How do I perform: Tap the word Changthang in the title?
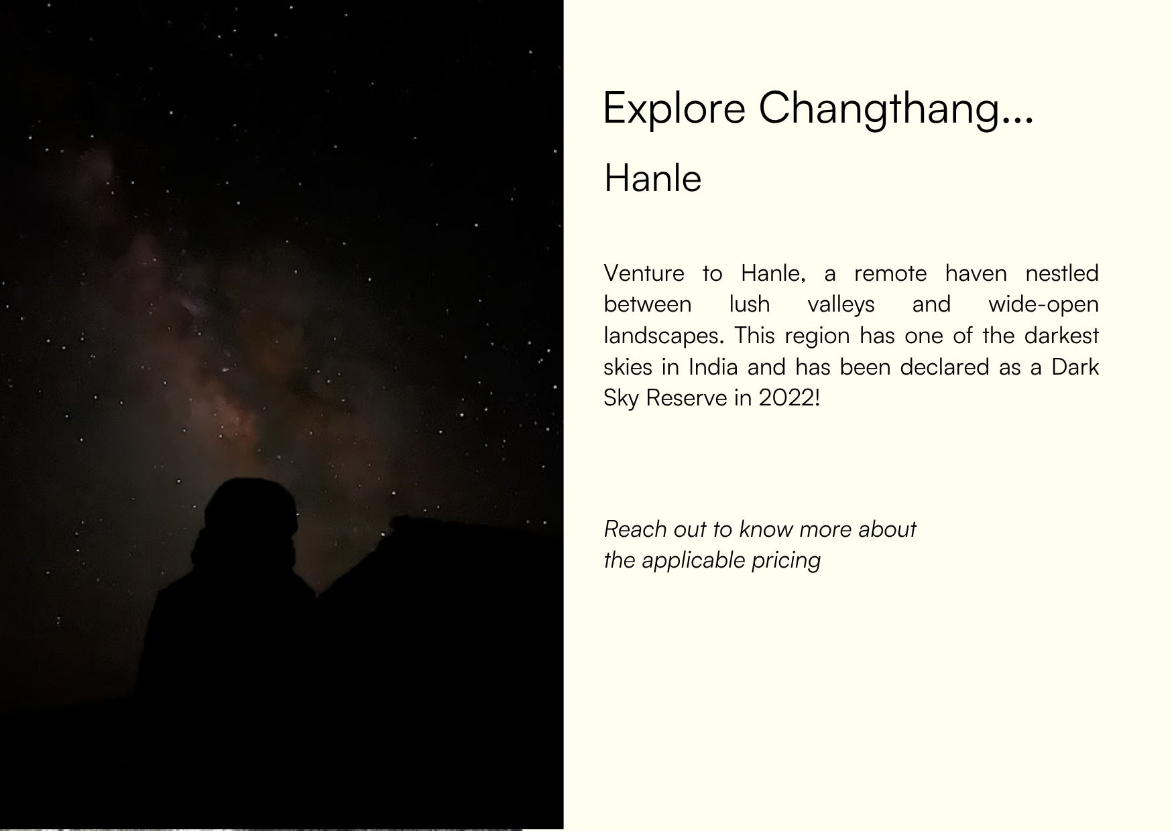pos(878,109)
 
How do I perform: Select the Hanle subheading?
pos(652,178)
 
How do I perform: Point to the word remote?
pos(890,273)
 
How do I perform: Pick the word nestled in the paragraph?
pos(1062,273)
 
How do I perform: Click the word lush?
pos(750,304)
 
